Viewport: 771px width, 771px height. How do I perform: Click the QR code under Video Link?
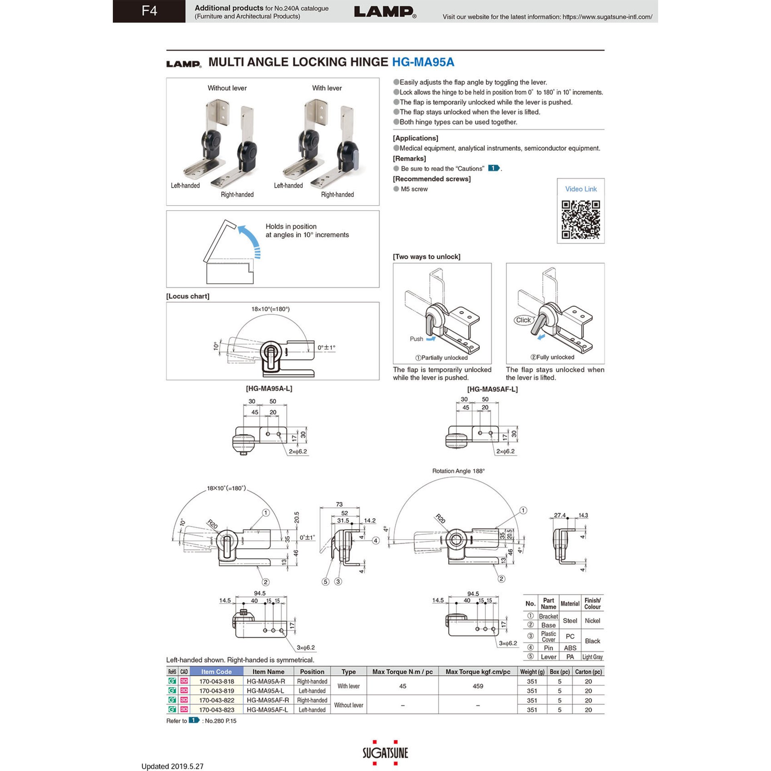pyautogui.click(x=580, y=220)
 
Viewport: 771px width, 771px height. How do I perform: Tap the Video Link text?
pyautogui.click(x=581, y=189)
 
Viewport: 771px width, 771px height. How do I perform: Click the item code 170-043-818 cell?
pyautogui.click(x=216, y=681)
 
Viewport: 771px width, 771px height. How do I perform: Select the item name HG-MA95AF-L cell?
pyautogui.click(x=267, y=710)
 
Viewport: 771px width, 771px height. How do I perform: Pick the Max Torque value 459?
pyautogui.click(x=477, y=686)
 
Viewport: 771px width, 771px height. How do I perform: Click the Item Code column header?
pyautogui.click(x=216, y=671)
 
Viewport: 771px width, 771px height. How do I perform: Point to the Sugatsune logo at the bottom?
pyautogui.click(x=385, y=753)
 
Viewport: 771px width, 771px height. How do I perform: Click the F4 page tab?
pyautogui.click(x=149, y=11)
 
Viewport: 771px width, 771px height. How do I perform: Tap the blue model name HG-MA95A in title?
pyautogui.click(x=423, y=62)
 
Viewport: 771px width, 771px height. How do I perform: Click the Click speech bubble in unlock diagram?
pyautogui.click(x=523, y=320)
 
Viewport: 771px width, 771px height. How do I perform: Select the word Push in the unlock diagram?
pyautogui.click(x=416, y=339)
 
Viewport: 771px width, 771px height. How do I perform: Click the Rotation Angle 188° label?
pyautogui.click(x=458, y=471)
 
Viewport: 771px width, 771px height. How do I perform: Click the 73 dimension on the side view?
pyautogui.click(x=339, y=504)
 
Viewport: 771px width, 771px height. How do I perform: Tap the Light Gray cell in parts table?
pyautogui.click(x=592, y=657)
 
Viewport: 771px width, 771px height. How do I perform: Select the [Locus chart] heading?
pyautogui.click(x=188, y=296)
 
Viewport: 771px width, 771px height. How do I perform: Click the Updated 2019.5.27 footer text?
pyautogui.click(x=172, y=766)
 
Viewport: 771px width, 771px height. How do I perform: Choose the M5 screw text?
pyautogui.click(x=414, y=189)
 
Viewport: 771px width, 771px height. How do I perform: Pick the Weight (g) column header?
pyautogui.click(x=532, y=671)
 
